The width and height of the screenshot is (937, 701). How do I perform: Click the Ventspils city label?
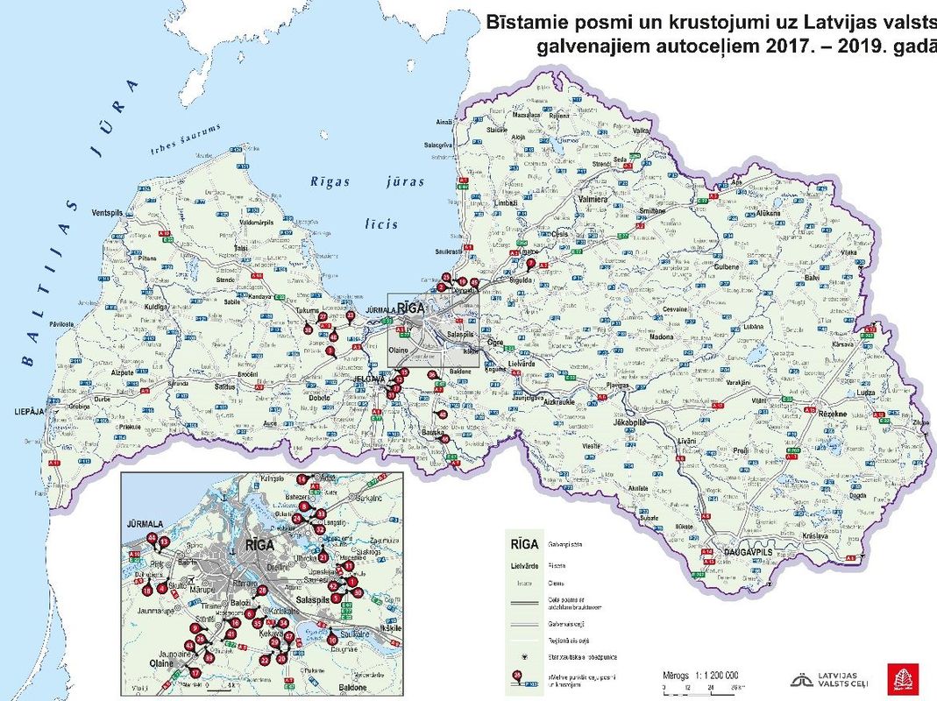coord(109,213)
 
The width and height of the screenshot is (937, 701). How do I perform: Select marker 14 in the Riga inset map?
coord(302,479)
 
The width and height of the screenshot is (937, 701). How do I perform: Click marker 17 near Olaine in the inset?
coord(195,673)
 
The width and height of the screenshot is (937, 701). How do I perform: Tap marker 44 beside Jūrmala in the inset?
coord(153,537)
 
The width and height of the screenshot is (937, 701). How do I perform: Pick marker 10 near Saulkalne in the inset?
coord(332,640)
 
